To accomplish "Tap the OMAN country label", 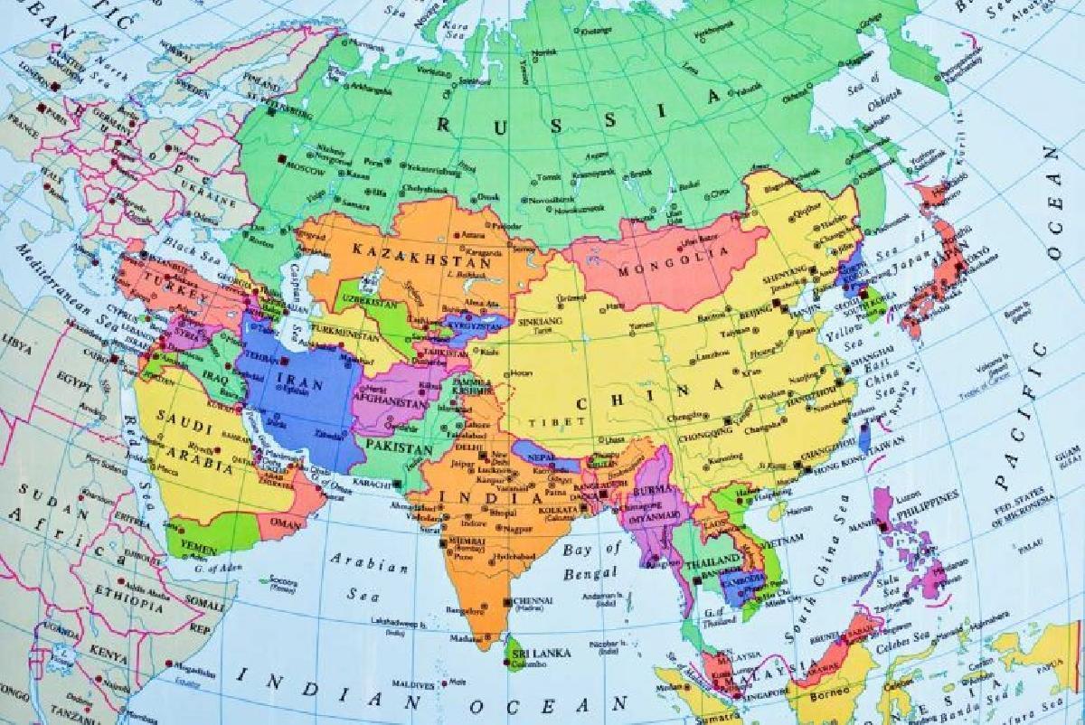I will tap(287, 522).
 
